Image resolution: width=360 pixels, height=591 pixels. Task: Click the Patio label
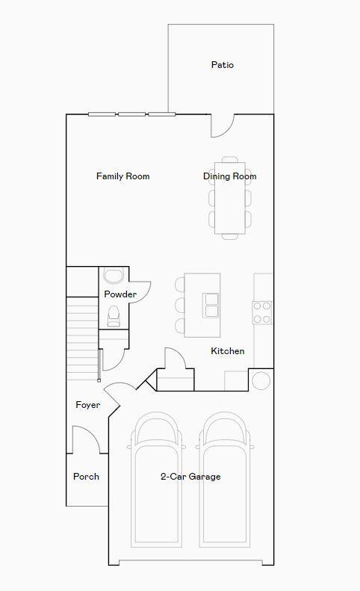[222, 65]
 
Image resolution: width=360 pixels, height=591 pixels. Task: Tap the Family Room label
[122, 176]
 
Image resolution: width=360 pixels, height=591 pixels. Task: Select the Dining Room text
[229, 176]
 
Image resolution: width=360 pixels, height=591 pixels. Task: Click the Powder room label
[120, 294]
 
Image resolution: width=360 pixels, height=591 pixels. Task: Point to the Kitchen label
[227, 351]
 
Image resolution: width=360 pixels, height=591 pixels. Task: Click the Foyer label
[87, 405]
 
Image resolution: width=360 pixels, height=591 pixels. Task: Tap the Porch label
[86, 477]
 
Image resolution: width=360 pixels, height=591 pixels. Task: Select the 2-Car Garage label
[190, 477]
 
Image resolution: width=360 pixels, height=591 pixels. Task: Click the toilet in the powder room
[114, 318]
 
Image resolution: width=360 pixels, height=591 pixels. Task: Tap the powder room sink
[114, 276]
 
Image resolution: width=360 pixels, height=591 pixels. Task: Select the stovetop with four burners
[262, 312]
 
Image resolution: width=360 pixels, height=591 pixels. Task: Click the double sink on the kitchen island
[211, 305]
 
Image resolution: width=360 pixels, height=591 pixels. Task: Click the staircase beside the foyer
[82, 336]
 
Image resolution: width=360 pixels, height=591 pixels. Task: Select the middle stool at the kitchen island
[179, 305]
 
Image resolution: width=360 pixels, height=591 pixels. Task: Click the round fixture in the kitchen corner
[261, 380]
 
